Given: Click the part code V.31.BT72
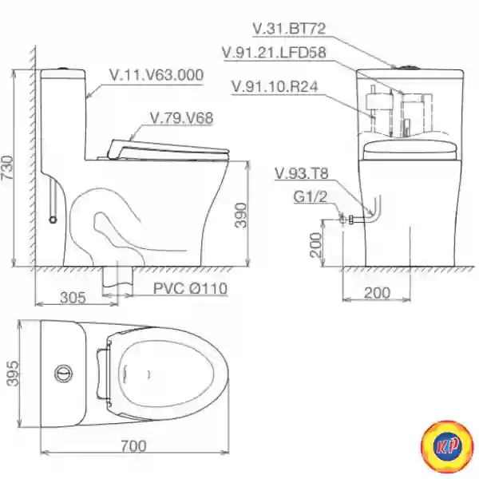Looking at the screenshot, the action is [289, 29].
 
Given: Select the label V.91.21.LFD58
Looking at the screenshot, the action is [274, 52].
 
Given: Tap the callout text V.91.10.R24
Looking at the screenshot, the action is [275, 86].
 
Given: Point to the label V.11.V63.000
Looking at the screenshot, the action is [156, 75].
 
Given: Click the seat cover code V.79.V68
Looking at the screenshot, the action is [181, 118].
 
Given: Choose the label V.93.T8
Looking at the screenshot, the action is [302, 173].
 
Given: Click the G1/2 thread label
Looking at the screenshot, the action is [310, 196].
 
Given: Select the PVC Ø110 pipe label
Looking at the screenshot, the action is [190, 288].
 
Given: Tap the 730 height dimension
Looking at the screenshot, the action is [7, 168].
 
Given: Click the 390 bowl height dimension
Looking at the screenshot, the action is [241, 215].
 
